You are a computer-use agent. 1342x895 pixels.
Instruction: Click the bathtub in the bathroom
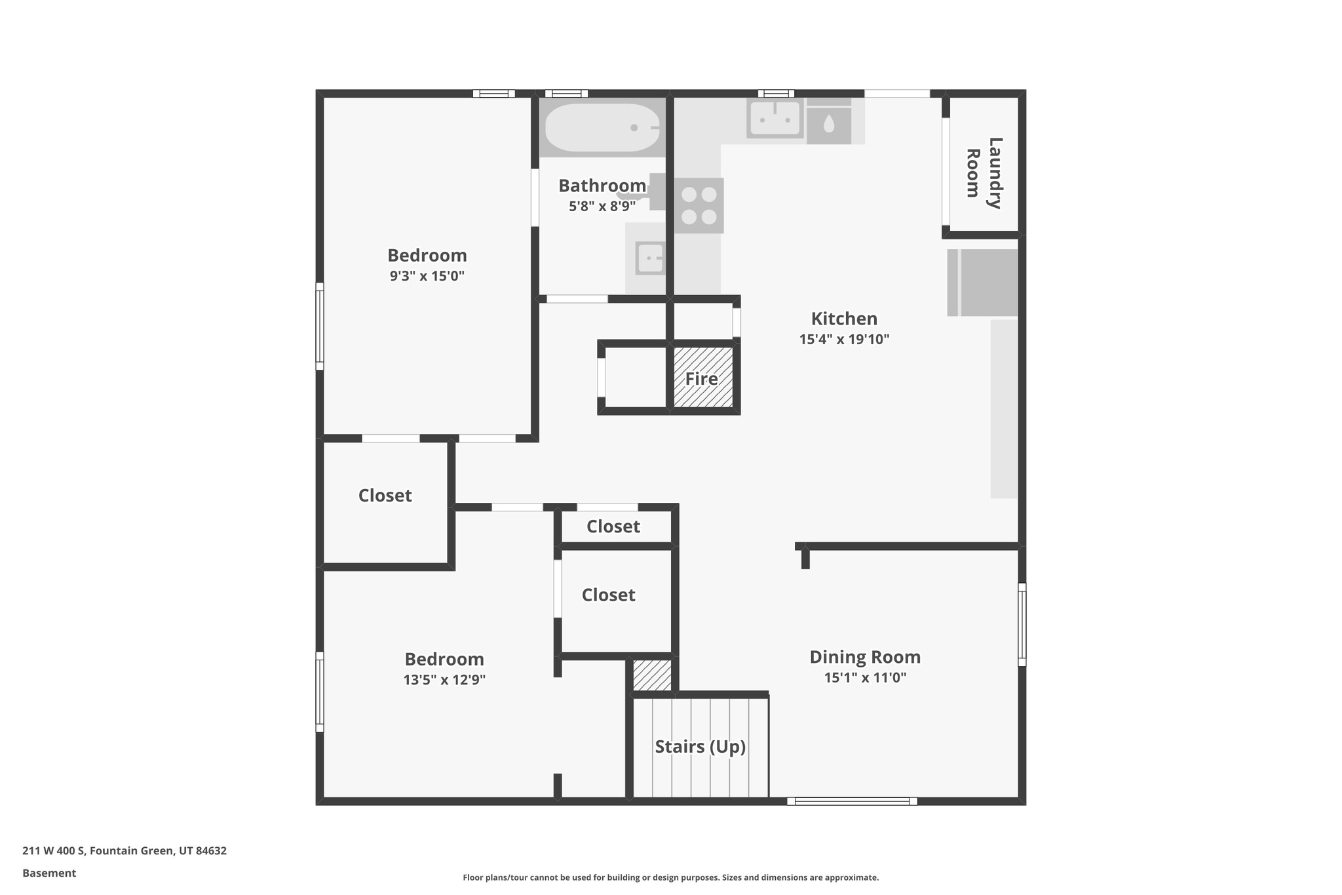click(x=602, y=128)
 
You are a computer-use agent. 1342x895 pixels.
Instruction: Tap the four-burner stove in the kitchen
click(x=699, y=205)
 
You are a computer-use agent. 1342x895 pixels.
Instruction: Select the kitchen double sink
click(x=775, y=119)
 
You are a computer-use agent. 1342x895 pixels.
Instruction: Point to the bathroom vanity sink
click(x=650, y=258)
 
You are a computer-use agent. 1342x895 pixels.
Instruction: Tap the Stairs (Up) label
click(x=700, y=746)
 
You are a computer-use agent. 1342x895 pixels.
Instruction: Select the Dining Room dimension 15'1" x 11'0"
click(x=865, y=678)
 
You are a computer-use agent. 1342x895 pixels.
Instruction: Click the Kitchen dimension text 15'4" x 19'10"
click(x=844, y=340)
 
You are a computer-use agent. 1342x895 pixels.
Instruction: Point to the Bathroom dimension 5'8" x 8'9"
click(x=602, y=207)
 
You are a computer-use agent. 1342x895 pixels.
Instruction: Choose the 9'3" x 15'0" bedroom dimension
click(x=427, y=276)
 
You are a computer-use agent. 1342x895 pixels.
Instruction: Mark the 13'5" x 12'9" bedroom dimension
click(x=444, y=680)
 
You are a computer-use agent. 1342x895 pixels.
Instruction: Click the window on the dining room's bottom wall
click(x=852, y=801)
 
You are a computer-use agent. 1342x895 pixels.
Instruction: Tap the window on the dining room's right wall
click(x=1022, y=624)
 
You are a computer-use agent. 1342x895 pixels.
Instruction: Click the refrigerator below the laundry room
click(x=982, y=283)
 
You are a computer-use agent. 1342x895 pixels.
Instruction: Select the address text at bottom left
click(x=125, y=851)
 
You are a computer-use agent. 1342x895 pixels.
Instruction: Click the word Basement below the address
click(x=49, y=873)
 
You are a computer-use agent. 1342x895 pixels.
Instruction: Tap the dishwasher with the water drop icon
click(x=829, y=123)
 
